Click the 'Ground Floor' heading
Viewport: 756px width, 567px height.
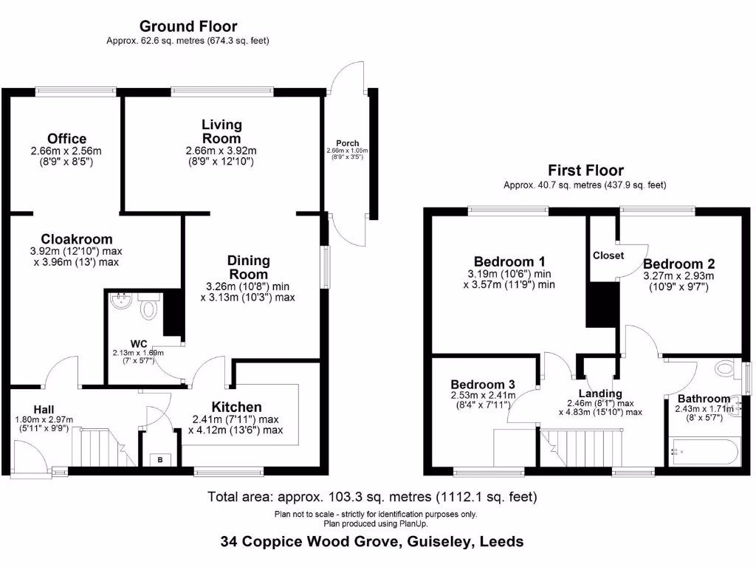coord(188,27)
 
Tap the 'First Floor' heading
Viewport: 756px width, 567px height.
coord(585,171)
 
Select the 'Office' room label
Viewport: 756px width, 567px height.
coord(66,139)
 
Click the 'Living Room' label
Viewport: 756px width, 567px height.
coord(221,131)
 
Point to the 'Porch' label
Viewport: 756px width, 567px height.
coord(348,143)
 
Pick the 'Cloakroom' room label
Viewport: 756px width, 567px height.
coord(77,239)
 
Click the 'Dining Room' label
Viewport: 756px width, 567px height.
coord(248,267)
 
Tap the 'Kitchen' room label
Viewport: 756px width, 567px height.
coord(236,408)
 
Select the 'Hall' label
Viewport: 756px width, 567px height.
coord(44,410)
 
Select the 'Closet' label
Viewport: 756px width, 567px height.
coord(608,255)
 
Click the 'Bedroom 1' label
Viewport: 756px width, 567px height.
coord(509,261)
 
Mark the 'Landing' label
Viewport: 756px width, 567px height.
coord(599,394)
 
